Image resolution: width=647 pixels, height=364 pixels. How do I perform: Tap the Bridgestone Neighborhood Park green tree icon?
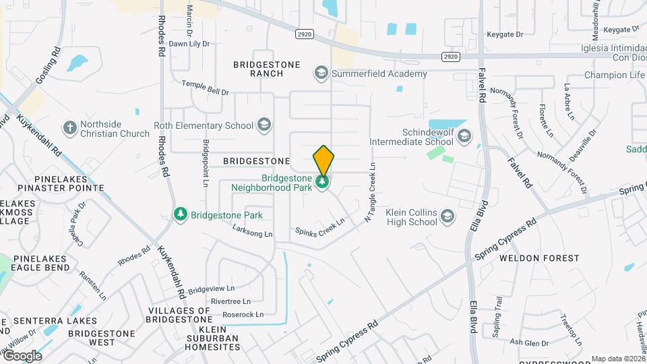(323, 182)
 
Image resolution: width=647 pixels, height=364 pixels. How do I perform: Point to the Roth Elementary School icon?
(264, 125)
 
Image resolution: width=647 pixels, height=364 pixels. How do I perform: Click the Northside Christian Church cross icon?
(69, 127)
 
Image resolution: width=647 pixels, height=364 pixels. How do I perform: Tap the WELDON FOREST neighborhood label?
(539, 258)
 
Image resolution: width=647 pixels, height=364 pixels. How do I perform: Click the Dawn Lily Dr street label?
(189, 44)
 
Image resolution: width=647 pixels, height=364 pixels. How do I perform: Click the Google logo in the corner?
(23, 355)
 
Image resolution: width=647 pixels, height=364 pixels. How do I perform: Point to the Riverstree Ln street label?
(230, 301)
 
